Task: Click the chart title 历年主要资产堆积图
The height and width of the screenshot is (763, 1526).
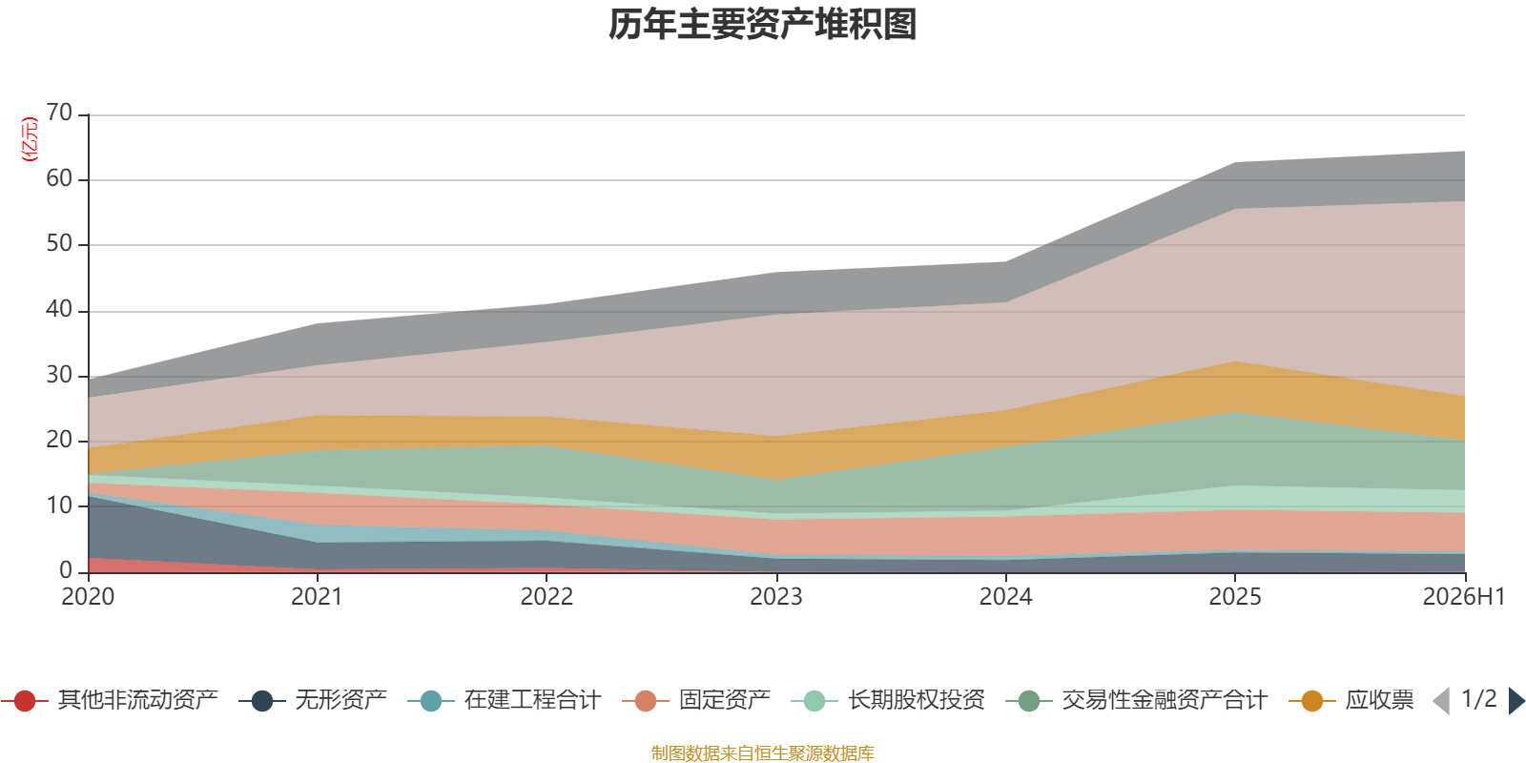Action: (762, 25)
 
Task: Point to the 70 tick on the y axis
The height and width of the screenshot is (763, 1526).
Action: (59, 113)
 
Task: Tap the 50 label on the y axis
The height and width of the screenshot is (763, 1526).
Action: (59, 243)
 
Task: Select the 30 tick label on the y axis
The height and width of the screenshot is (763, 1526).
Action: (59, 375)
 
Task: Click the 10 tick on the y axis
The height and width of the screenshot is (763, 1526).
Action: (59, 505)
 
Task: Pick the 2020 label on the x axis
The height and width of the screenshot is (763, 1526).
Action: (88, 597)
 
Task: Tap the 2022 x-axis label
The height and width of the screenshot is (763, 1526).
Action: (547, 597)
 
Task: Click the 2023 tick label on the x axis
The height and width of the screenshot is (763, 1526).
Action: (776, 597)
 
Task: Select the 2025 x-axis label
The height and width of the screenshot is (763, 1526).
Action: (1235, 597)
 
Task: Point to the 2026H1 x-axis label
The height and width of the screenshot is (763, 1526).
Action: (1464, 597)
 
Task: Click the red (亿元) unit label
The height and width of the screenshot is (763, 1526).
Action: (30, 139)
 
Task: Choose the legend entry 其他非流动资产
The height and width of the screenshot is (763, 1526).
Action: (109, 700)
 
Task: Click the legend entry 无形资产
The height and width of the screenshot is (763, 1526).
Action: (313, 700)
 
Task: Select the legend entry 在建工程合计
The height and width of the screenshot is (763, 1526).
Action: (505, 700)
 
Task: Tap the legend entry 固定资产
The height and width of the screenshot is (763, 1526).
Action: (696, 700)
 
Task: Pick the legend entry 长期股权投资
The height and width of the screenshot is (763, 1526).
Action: (888, 700)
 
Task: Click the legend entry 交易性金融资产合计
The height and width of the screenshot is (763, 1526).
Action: (1137, 700)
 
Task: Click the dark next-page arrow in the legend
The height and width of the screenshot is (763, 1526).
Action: (1516, 700)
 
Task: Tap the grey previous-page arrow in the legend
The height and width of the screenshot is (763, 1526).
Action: (1441, 700)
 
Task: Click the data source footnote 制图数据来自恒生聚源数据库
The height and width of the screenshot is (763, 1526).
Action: (762, 753)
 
